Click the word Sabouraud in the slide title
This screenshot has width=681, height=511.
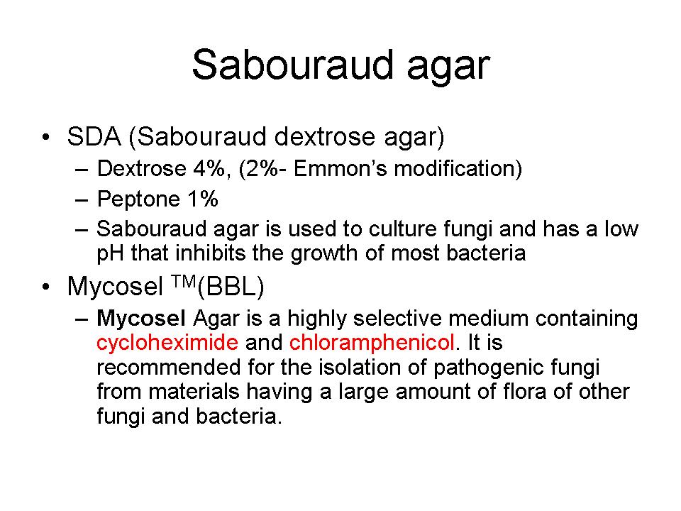(x=292, y=65)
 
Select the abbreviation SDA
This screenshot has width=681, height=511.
(x=94, y=136)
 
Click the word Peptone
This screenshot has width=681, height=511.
(x=138, y=199)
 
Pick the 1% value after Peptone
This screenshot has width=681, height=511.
(x=203, y=199)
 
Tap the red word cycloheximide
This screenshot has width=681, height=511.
(x=167, y=342)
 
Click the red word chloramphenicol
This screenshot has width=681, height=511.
(x=372, y=342)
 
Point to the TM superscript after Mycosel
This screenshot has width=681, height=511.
(x=183, y=282)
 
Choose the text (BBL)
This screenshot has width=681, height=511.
(x=231, y=287)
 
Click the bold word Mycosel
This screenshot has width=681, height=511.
(x=141, y=319)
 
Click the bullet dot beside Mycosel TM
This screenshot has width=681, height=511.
(x=45, y=287)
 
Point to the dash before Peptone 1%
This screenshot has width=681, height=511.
(x=82, y=200)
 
